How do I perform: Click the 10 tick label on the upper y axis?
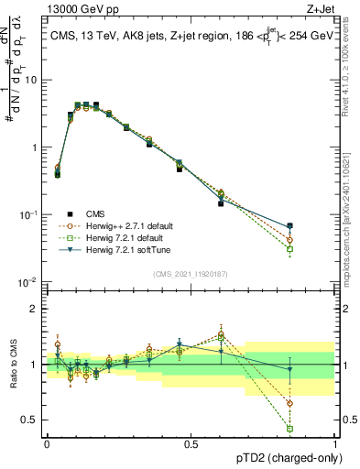31,80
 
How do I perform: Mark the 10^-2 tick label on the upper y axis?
29,282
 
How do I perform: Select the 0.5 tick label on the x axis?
191,443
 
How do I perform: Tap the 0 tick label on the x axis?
47,443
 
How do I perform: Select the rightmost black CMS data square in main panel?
289,225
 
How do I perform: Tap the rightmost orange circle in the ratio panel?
289,403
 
